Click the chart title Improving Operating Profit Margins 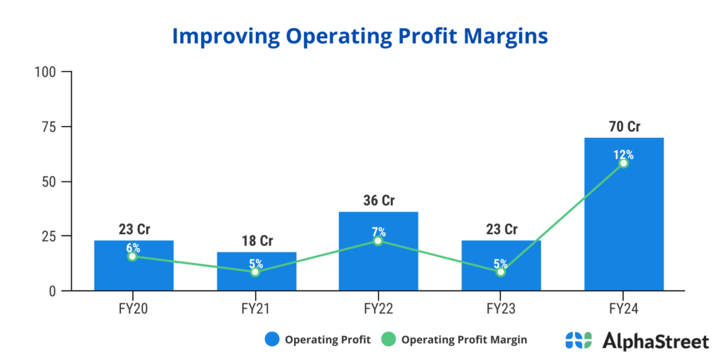[360, 37]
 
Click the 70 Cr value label [624, 127]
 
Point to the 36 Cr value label [378, 201]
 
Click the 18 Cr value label [255, 241]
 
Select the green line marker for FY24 [624, 163]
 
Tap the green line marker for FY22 [378, 240]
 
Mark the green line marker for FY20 [133, 257]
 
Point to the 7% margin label [378, 232]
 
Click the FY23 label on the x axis [501, 308]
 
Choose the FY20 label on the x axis [133, 308]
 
